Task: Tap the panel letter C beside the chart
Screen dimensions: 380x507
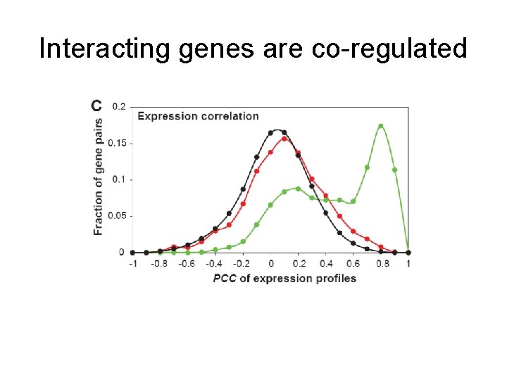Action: click(x=96, y=106)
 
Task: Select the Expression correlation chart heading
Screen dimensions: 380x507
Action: click(x=198, y=116)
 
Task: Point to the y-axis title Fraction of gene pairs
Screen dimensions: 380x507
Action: click(x=98, y=177)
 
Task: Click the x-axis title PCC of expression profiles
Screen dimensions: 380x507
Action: click(x=284, y=278)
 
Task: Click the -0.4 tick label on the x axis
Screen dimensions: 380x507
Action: click(x=213, y=263)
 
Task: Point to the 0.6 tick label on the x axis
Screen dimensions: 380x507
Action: click(x=353, y=263)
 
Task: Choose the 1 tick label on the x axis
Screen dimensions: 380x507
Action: click(x=408, y=263)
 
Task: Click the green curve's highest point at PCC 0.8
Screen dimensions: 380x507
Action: click(x=381, y=127)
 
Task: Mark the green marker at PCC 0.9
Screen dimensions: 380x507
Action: click(x=394, y=170)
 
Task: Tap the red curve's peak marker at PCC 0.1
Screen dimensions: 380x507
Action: click(x=284, y=139)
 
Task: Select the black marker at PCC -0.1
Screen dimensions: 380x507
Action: click(x=257, y=157)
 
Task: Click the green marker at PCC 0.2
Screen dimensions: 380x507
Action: click(x=298, y=189)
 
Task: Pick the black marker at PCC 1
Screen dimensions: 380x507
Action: click(x=408, y=252)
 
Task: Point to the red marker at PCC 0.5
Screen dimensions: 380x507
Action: click(x=339, y=216)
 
